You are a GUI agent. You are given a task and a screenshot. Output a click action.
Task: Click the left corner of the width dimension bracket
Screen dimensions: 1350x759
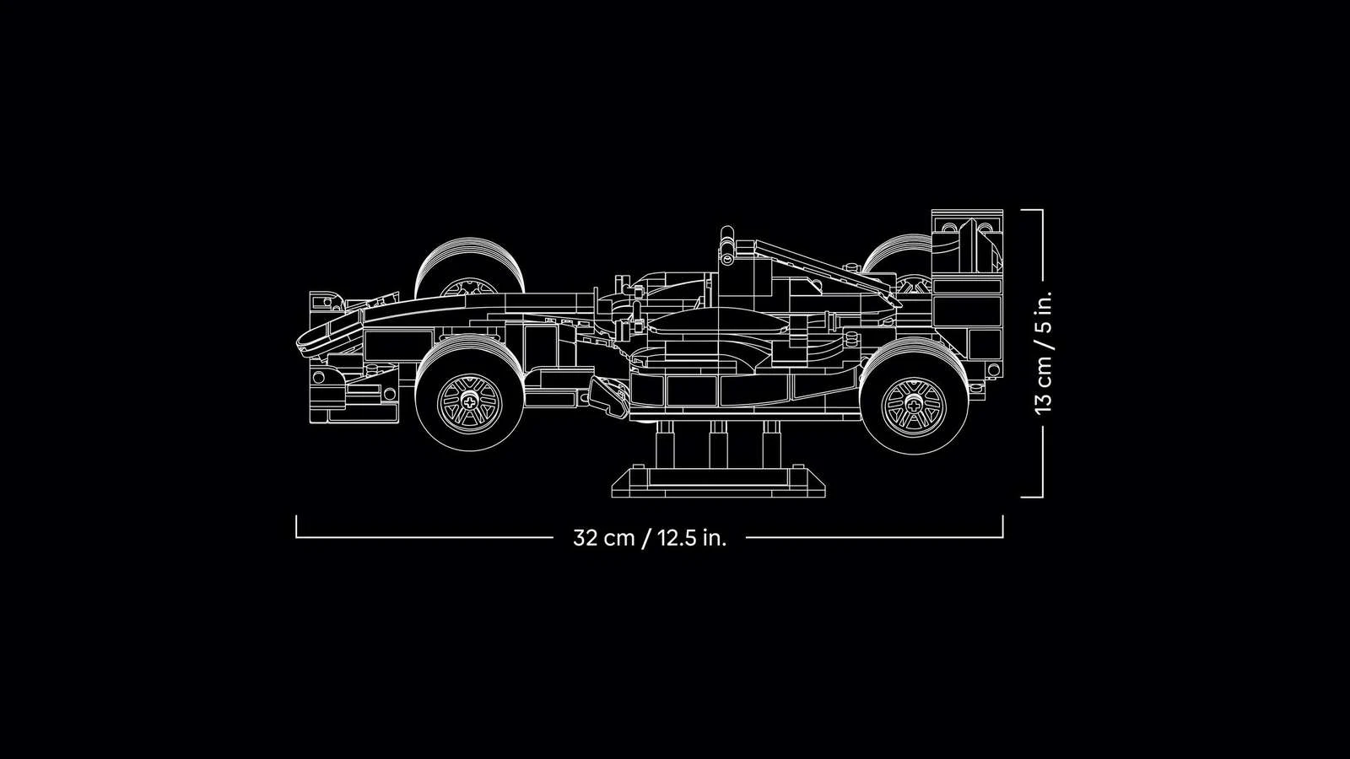296,536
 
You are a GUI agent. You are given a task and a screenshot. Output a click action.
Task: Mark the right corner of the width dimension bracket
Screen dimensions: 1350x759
1003,536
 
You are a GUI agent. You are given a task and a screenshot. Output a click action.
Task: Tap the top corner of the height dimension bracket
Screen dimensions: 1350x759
1042,210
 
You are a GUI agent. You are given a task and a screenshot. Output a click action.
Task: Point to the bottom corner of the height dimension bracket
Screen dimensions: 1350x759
1042,497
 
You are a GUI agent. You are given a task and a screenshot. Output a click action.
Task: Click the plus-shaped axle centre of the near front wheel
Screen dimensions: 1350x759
469,400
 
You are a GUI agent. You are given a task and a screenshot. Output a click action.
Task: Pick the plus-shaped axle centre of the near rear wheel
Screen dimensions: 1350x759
914,404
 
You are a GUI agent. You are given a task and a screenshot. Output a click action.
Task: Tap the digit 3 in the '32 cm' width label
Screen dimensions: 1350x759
579,537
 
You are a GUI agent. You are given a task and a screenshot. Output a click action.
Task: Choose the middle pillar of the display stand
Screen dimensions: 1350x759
718,444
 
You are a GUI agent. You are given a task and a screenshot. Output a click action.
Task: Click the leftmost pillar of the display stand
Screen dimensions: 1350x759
665,444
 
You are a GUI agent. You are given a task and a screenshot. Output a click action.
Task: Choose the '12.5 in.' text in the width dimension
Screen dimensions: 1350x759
693,537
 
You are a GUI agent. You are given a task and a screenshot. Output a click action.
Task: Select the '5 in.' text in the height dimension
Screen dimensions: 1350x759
1043,312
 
